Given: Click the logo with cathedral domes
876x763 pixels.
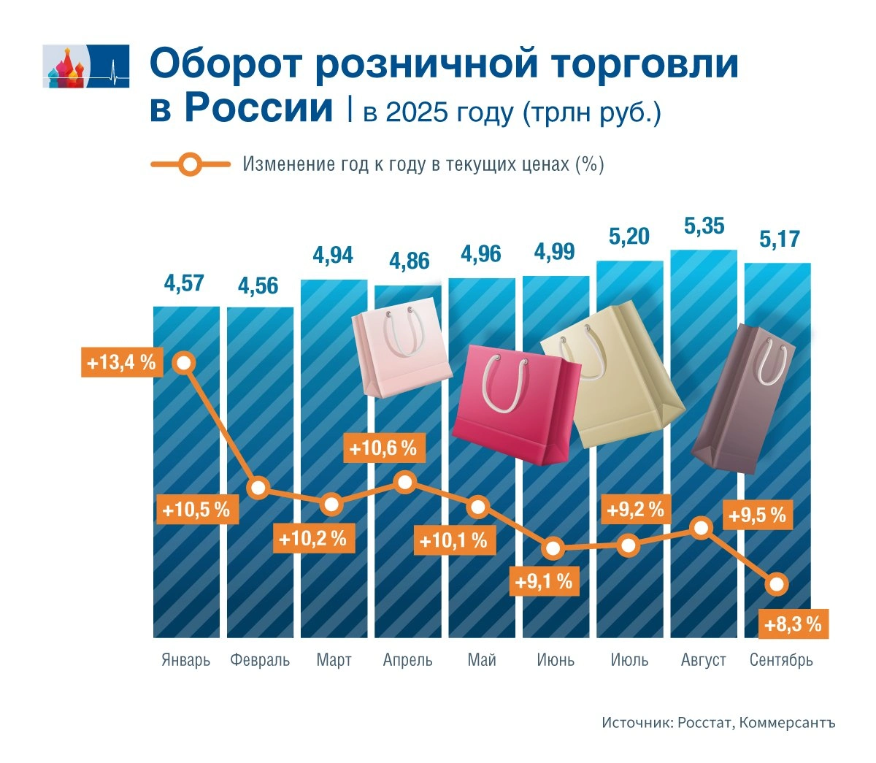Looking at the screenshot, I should coord(85,66).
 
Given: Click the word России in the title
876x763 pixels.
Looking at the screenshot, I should coord(242,108).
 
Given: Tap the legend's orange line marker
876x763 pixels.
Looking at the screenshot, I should coord(190,164).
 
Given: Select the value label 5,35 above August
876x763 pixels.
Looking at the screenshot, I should coord(704,226).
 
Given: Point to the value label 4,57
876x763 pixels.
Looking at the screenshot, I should coord(184,283).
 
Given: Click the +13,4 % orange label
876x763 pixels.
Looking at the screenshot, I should coord(121,362).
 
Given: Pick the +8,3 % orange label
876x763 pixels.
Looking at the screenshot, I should coord(793,625).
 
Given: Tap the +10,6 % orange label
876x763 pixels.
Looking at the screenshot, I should coord(383,448).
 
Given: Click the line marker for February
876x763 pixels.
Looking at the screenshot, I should coord(259,488).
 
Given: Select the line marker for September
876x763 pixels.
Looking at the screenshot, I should coord(777,584).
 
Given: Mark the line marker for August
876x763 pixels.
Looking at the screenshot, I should coord(702,528).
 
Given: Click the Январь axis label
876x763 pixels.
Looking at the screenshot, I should coord(185,661).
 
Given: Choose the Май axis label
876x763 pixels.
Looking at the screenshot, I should coord(482,661).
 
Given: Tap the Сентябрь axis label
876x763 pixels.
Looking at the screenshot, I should coord(781,661).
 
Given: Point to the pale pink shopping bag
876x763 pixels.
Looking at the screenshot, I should coord(401,347).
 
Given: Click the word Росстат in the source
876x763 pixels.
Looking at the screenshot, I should coord(704,723).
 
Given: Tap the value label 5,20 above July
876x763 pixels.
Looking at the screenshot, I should coord(629,237).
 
